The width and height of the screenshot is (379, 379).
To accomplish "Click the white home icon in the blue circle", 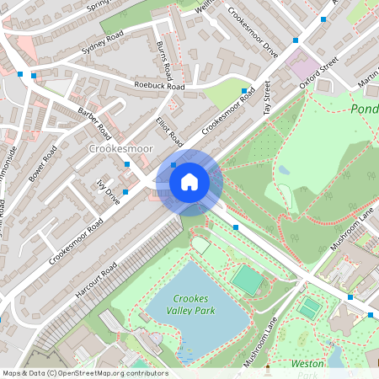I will tap(189, 181).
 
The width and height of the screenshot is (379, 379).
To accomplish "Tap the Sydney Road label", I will tap(103, 47).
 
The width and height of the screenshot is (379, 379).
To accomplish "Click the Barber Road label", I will tap(94, 122).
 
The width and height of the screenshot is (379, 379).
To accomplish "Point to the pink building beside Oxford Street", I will tap(302, 65).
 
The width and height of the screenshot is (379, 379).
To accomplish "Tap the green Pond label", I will tap(364, 109).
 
